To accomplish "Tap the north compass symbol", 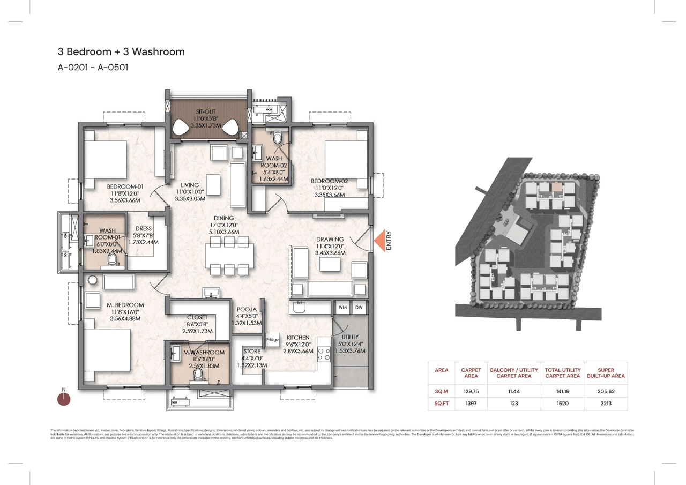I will pos(64,398).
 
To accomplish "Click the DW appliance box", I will pos(358,308).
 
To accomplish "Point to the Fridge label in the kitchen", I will pos(272,340).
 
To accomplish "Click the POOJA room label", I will pos(247,310).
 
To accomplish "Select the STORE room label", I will pos(252,352).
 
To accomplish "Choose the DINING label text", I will pos(223,218).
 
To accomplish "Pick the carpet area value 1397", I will pos(472,403).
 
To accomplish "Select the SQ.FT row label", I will pos(442,403).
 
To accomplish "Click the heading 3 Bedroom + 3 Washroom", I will pos(121,52).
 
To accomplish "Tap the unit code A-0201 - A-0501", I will pos(93,68).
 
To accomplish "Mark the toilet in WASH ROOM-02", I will pos(278,139).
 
